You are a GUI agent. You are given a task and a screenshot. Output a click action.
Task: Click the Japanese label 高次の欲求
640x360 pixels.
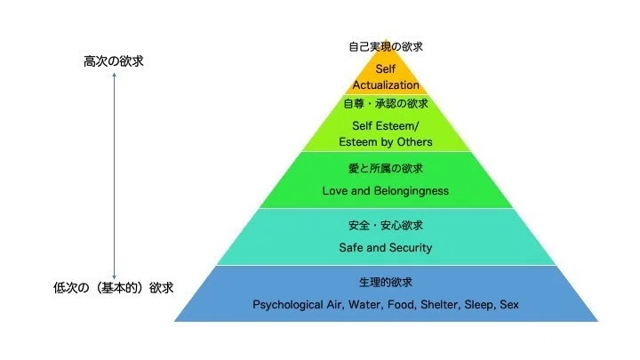pos(114,61)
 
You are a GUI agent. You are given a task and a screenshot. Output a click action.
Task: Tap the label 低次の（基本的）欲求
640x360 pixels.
pos(114,288)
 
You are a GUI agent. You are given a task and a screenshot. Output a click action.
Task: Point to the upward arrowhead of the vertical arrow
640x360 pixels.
pos(115,75)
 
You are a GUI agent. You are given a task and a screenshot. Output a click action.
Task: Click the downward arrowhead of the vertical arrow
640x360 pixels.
pos(115,277)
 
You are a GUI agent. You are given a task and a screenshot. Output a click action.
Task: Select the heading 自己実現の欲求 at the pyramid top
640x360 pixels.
pos(386,46)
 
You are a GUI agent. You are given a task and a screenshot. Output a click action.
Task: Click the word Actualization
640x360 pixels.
pos(386,85)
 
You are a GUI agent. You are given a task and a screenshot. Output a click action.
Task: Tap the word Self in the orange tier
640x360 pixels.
pos(385,69)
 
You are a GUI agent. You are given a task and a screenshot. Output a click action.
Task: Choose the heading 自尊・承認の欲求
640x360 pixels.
pos(386,104)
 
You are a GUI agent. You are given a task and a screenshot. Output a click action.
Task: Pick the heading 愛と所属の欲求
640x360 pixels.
pos(386,169)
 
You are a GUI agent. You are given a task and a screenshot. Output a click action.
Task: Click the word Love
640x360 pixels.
pos(335,191)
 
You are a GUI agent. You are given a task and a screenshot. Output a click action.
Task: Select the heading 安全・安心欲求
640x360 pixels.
pos(386,225)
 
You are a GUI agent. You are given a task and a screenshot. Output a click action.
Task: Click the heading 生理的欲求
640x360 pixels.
pos(386,282)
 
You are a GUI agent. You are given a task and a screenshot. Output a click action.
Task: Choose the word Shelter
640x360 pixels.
pos(440,305)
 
